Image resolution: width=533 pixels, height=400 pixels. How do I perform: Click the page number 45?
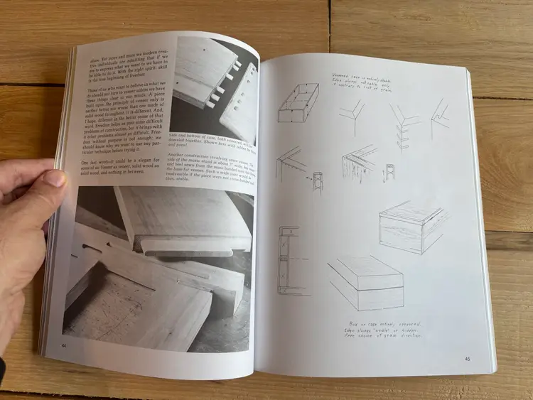tap(467, 359)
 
